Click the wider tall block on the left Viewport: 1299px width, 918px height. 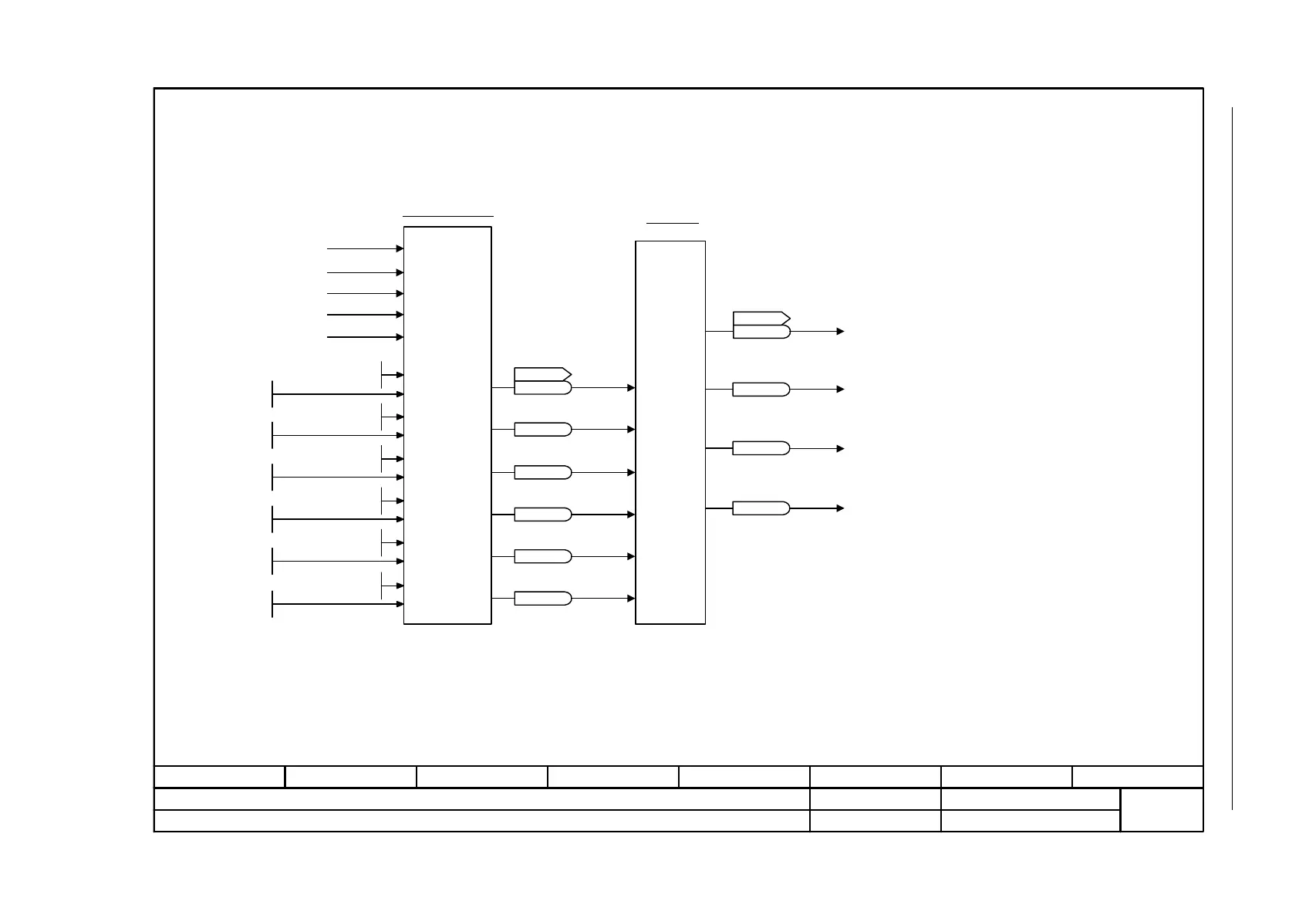click(447, 424)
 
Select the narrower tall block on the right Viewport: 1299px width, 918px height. click(670, 432)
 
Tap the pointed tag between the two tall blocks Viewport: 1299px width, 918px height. click(542, 374)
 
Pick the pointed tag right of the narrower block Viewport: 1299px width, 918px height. click(761, 318)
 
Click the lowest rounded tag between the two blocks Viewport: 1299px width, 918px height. click(542, 598)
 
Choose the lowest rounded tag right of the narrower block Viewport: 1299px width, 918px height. click(761, 508)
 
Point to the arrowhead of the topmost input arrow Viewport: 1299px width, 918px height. click(400, 248)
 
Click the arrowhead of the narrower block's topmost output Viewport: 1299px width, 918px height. click(841, 332)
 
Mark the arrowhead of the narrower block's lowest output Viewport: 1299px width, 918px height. click(841, 508)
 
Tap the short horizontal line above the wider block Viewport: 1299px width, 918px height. click(447, 216)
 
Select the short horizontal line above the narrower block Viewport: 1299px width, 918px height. click(672, 223)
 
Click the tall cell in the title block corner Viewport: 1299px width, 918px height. click(1161, 809)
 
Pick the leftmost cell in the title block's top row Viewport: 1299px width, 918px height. click(220, 776)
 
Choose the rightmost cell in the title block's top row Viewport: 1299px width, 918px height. click(1137, 776)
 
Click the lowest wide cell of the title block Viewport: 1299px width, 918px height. click(482, 821)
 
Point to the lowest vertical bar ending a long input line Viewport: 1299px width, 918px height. click(272, 604)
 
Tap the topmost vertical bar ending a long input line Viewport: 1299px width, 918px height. click(272, 393)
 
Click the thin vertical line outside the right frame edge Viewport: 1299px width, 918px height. click(1233, 458)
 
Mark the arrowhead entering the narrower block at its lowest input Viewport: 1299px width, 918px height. click(631, 598)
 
